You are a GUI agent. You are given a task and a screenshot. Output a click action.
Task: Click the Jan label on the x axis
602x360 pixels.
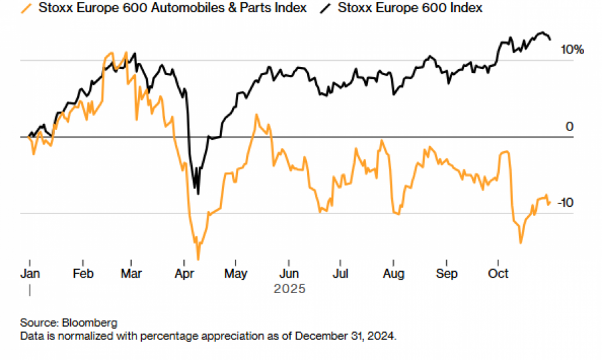pyautogui.click(x=30, y=274)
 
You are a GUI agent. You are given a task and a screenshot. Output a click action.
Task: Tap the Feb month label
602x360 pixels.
pyautogui.click(x=82, y=274)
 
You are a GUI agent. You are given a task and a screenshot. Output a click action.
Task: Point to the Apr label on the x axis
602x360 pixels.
pyautogui.click(x=184, y=274)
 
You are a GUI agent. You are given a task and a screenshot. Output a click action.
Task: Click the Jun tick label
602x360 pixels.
pyautogui.click(x=288, y=274)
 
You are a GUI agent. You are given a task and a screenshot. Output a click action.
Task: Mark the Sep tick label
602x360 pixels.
pyautogui.click(x=446, y=274)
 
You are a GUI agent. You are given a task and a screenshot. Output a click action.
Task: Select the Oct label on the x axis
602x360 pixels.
pyautogui.click(x=498, y=274)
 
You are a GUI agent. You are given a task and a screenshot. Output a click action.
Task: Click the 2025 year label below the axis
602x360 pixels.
pyautogui.click(x=289, y=289)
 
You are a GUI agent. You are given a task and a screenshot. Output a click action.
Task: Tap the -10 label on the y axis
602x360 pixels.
pyautogui.click(x=564, y=203)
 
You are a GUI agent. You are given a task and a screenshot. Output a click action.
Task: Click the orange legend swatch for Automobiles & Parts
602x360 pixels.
pyautogui.click(x=27, y=9)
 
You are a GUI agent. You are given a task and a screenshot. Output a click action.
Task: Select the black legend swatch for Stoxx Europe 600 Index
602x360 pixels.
pyautogui.click(x=325, y=9)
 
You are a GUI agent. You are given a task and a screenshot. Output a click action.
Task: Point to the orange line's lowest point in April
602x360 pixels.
pyautogui.click(x=198, y=258)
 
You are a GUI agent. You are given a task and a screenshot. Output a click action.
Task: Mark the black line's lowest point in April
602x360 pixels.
pyautogui.click(x=198, y=193)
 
